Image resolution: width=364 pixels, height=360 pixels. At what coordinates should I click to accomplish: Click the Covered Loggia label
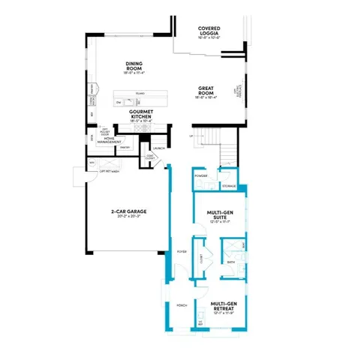pos(209,31)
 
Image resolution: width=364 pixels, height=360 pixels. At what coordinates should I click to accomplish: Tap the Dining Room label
pos(134,67)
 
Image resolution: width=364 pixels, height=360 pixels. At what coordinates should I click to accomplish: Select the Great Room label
pos(208,89)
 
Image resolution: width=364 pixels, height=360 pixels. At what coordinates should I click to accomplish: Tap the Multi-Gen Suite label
pos(218,215)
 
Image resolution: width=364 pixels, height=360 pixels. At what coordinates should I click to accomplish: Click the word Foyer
pos(181,252)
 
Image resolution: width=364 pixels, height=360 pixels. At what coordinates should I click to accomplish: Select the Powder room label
pos(200,175)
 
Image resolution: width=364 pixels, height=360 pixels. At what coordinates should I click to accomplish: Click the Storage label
pos(229,185)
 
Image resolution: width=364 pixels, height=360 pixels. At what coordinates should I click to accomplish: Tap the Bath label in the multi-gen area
pos(231,262)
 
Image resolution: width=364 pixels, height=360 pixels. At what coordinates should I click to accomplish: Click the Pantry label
pos(125,148)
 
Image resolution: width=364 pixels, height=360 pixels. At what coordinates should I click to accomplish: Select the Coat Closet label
pos(150,157)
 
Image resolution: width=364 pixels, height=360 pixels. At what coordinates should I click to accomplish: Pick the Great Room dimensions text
pos(208,97)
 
